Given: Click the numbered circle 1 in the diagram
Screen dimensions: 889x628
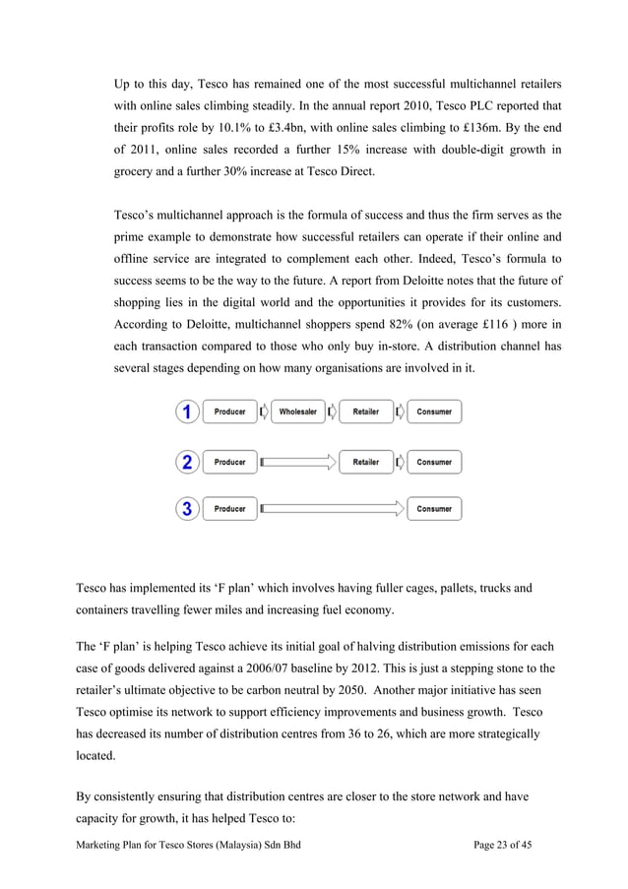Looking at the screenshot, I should (x=187, y=413).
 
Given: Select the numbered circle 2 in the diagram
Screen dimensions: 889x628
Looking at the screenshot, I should (x=187, y=462).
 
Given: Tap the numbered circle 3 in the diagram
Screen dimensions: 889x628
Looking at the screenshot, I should (x=187, y=509).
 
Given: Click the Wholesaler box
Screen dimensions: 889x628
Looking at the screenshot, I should (x=297, y=413).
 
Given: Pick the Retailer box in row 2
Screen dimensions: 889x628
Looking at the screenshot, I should (x=365, y=462).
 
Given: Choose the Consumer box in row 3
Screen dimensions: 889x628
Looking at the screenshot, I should (x=433, y=509).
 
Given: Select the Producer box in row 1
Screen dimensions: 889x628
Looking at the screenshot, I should (x=229, y=413).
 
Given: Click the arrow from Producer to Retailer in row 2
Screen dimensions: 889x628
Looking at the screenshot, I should (x=298, y=462).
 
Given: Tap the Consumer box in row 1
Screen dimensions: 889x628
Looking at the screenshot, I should (x=433, y=413).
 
